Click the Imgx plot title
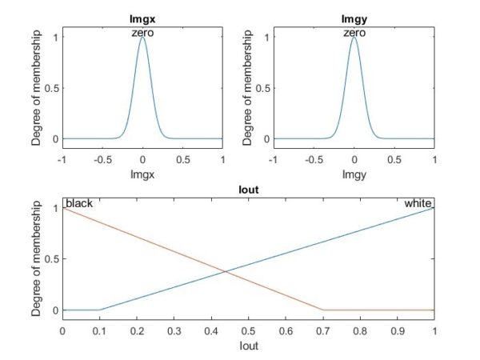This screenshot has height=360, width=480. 142,18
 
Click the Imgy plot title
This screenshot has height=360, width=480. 354,18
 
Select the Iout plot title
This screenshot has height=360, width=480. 248,191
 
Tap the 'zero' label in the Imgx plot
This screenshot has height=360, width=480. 142,33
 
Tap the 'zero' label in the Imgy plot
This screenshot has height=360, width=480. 354,33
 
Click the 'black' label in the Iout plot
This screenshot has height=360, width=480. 79,204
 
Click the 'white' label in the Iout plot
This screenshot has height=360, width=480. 418,204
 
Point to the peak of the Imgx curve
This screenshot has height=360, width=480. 142,38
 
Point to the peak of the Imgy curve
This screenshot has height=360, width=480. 354,38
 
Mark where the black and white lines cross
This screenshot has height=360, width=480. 226,272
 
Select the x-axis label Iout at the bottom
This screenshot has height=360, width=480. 248,346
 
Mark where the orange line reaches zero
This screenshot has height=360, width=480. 322,310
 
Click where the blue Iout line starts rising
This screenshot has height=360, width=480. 99,310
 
